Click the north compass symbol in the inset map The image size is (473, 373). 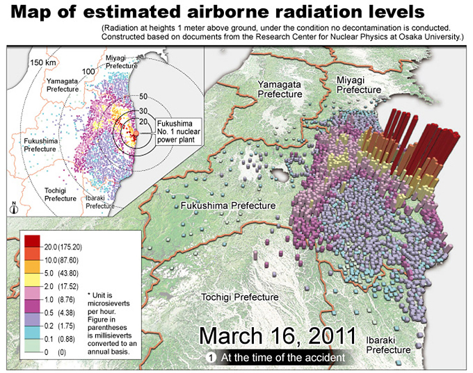pos(14,206)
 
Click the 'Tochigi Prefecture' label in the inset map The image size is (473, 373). pos(61,194)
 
